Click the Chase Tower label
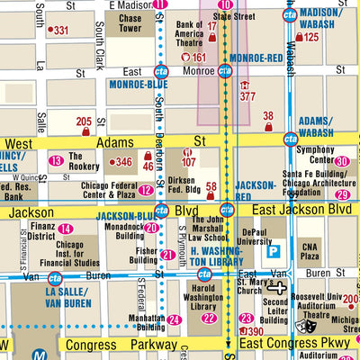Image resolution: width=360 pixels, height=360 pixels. [130, 24]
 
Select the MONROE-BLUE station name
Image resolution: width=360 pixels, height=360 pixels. [138, 85]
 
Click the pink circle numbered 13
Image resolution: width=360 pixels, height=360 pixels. [56, 160]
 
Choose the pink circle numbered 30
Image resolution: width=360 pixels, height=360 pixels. [342, 162]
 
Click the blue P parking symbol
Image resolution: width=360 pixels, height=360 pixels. [276, 251]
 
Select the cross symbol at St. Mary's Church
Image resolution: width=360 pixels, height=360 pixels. [281, 288]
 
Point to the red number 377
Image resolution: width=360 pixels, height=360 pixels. [247, 95]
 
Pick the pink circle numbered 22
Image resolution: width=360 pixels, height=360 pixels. [209, 318]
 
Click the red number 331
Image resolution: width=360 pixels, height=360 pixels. [61, 31]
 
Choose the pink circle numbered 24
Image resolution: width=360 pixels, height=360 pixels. [175, 319]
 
